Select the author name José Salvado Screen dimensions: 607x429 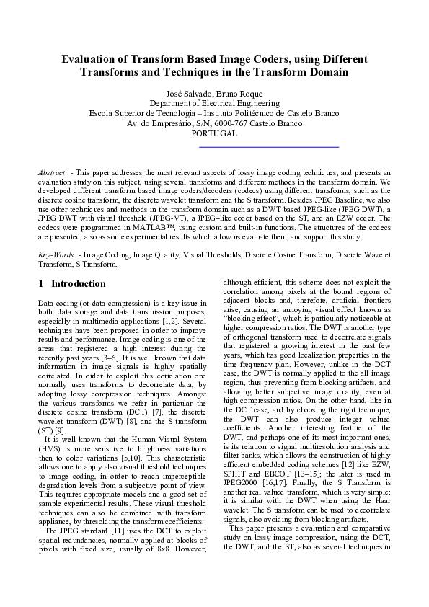pos(189,94)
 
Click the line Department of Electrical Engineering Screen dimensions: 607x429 pos(214,104)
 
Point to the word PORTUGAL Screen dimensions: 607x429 pos(214,134)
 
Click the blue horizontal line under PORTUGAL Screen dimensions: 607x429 pos(268,147)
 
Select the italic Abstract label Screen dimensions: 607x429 pos(53,174)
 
